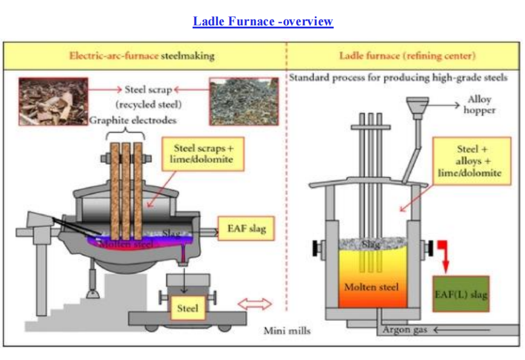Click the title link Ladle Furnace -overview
(263, 22)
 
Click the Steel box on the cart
(187, 309)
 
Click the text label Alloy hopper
(481, 105)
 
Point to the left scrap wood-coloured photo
(53, 101)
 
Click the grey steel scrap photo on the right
(240, 101)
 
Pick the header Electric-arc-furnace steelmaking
(142, 56)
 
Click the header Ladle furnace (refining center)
(407, 56)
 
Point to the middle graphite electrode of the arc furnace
(126, 188)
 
